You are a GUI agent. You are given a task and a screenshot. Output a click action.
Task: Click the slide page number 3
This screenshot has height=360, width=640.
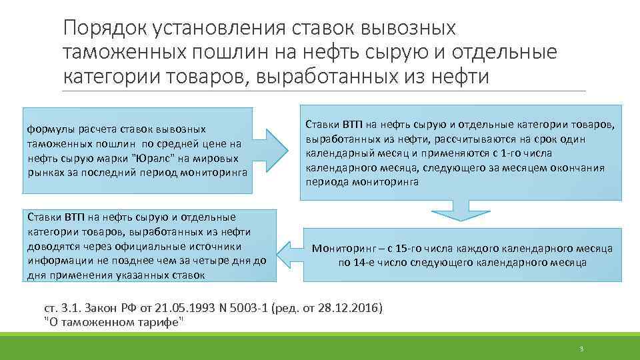[x=581, y=349]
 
